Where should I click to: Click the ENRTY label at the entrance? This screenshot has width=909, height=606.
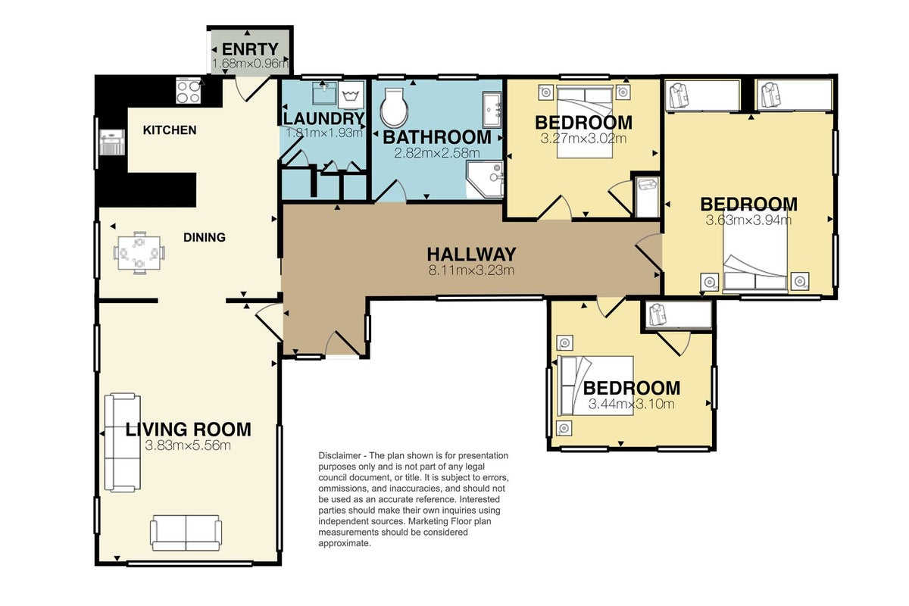pos(250,49)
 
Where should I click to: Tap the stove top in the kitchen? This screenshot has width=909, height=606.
pos(189,92)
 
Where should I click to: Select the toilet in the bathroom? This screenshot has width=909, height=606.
pos(394,108)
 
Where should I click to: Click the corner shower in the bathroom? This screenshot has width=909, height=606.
pos(485,180)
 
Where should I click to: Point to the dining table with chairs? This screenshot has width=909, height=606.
pos(139,253)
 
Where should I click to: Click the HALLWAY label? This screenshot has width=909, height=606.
pos(471,255)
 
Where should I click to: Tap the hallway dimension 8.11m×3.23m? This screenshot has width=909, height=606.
pos(471,270)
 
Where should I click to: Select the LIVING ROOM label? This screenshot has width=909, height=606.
pos(189,430)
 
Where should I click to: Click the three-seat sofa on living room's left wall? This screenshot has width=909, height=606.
pos(123,442)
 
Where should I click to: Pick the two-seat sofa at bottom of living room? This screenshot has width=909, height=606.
pos(186,533)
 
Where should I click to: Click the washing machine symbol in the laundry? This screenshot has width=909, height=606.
pos(351,96)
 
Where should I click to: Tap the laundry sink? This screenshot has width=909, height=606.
pos(324,92)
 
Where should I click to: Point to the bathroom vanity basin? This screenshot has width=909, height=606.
pos(492,110)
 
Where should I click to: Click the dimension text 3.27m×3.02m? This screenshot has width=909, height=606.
pos(583,139)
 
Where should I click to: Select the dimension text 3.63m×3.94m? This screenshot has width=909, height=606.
pos(748,220)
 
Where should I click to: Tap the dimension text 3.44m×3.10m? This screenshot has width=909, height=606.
pos(632,405)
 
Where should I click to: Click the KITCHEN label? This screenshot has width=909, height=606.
pos(170,130)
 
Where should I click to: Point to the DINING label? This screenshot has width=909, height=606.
pos(205,237)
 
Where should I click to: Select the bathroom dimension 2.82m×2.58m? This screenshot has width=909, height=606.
pos(437,153)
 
